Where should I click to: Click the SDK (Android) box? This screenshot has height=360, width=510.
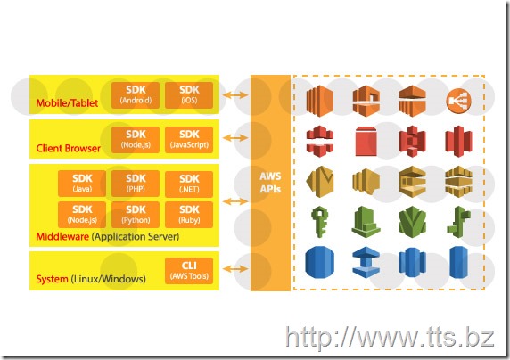pos(136,95)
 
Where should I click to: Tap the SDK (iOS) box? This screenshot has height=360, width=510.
pos(189,95)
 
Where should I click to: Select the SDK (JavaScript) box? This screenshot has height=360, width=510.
pos(189,140)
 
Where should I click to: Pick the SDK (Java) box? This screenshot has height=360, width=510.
pos(82,184)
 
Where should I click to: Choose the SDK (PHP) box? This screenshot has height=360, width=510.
pos(136,184)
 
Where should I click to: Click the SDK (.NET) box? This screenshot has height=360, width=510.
pos(189,184)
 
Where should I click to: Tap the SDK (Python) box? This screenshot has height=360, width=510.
pos(136,215)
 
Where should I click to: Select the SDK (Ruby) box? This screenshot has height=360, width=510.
pos(189,215)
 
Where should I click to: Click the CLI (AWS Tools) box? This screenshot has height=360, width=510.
pos(189,271)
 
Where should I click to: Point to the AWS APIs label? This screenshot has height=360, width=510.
pos(270,183)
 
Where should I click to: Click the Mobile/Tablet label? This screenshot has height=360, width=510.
pos(67,103)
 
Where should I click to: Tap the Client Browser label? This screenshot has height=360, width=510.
pos(69,148)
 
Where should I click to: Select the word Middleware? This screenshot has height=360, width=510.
pos(62,236)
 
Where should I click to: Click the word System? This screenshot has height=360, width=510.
pos(53,279)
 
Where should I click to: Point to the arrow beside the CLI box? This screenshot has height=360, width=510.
pos(235,269)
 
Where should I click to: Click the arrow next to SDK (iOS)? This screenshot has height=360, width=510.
pos(235,95)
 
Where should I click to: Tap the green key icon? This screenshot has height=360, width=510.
pos(320,221)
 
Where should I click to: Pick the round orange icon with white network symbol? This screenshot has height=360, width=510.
pos(458,101)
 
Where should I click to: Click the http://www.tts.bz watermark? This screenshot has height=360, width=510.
pos(390,338)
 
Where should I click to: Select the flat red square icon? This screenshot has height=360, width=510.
pos(366,141)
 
